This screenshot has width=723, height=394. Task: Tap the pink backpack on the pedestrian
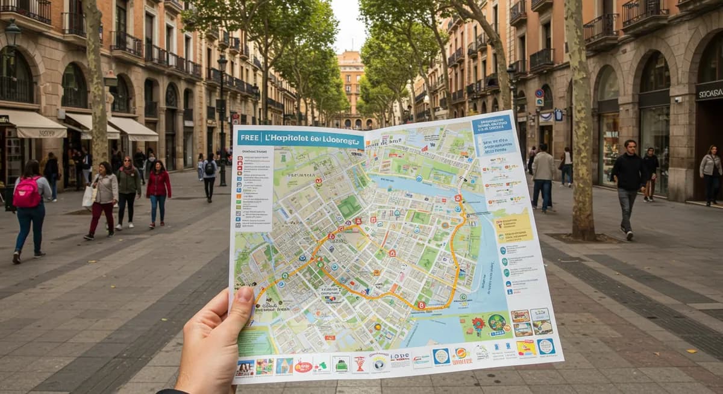(27, 193)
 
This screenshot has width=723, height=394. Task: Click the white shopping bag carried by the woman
(89, 196)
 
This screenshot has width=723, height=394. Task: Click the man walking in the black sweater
(628, 181)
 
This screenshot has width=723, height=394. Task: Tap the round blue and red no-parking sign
(539, 93)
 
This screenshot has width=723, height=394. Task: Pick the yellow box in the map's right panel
(513, 225)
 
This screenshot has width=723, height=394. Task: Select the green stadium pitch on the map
(349, 207)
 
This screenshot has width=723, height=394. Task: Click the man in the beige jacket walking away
(543, 178)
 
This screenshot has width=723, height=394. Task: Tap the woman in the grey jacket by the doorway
(710, 171)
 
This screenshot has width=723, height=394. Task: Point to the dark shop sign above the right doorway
(709, 92)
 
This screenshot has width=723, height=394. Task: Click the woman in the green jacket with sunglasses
(128, 190)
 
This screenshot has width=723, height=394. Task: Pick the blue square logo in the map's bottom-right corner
(546, 346)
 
